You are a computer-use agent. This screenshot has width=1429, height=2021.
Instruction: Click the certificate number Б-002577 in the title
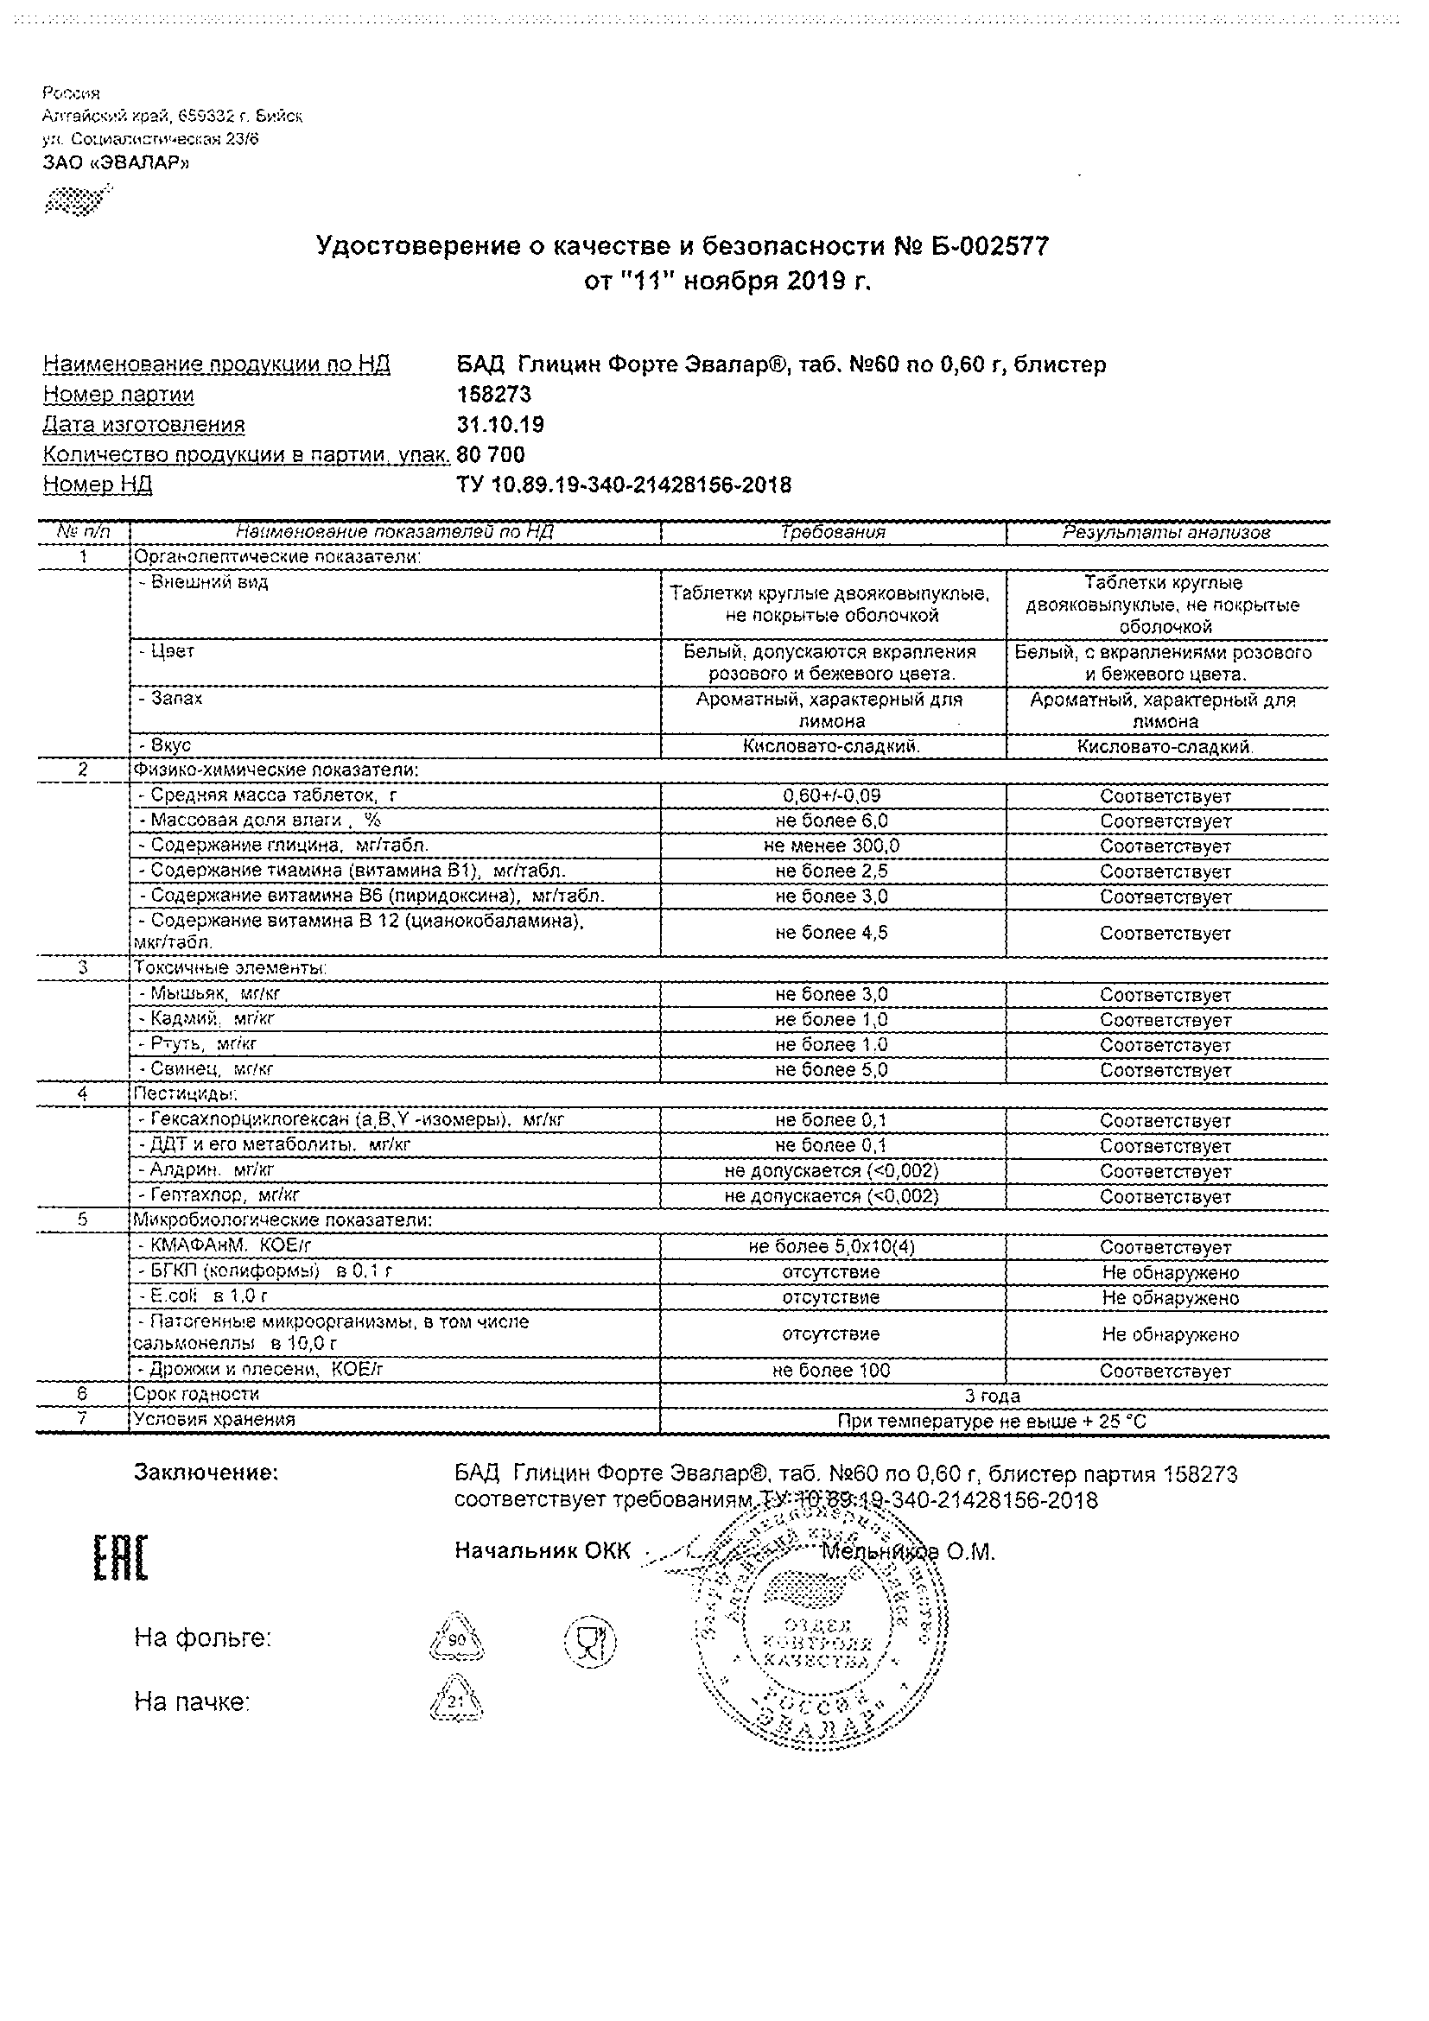coord(988,247)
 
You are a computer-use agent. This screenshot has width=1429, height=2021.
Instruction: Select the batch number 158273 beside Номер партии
coord(494,395)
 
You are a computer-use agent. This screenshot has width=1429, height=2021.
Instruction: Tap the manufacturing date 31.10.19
coord(500,424)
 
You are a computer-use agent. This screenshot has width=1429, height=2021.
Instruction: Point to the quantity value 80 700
coord(492,454)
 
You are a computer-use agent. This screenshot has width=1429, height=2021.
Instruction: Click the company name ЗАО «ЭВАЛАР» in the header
coord(116,163)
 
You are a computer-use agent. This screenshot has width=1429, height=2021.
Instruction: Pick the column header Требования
coord(832,532)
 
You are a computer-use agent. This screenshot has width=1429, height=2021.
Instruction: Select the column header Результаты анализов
coord(1165,532)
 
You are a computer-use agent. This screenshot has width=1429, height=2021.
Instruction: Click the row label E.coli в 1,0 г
coord(203,1296)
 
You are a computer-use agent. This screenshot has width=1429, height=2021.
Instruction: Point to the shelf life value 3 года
coord(993,1395)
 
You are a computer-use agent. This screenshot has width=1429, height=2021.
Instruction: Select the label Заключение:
coord(206,1472)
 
